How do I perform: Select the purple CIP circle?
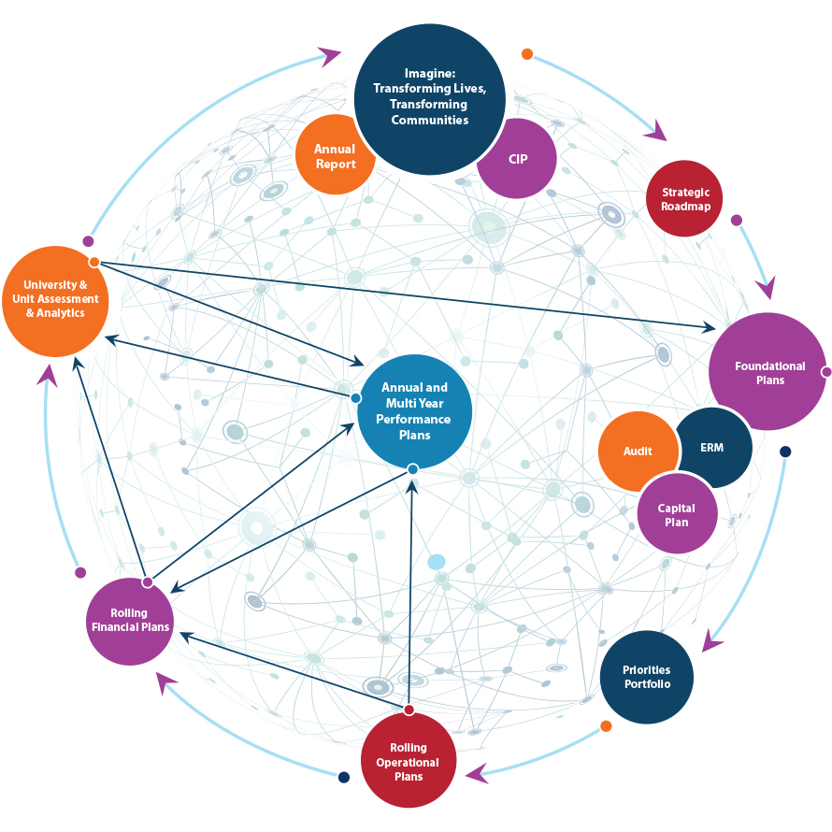coord(517,159)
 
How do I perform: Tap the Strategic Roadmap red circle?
coord(684,199)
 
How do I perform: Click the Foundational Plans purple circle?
coord(768,371)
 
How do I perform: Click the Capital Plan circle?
coord(677,514)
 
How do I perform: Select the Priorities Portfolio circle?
coord(646,677)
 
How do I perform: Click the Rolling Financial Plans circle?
coord(130,620)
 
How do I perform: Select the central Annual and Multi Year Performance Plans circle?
coord(413,411)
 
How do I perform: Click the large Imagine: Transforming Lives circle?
coord(430,98)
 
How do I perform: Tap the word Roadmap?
coord(685,207)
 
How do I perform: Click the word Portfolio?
coord(647,684)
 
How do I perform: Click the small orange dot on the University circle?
coord(94,263)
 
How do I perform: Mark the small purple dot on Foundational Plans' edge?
coord(826,372)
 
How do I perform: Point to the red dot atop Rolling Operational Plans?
coord(409,710)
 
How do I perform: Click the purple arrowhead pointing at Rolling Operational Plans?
coord(477,773)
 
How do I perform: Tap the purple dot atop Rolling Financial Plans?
coord(147,582)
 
